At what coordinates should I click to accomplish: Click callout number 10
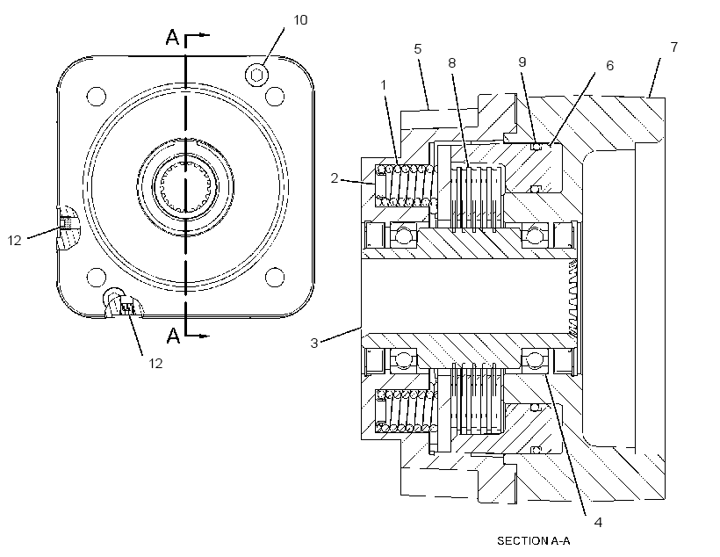pos(300,20)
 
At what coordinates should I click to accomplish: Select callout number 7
pos(674,47)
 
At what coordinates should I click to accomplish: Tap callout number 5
pos(417,48)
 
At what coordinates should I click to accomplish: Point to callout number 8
pos(452,63)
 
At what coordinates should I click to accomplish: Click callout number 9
pos(522,62)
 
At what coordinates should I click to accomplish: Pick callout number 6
pos(609,66)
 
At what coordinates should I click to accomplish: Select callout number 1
pos(384,85)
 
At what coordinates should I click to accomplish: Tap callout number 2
pos(335,177)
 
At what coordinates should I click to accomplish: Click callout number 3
pos(314,343)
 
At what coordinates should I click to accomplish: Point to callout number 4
pos(598,522)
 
